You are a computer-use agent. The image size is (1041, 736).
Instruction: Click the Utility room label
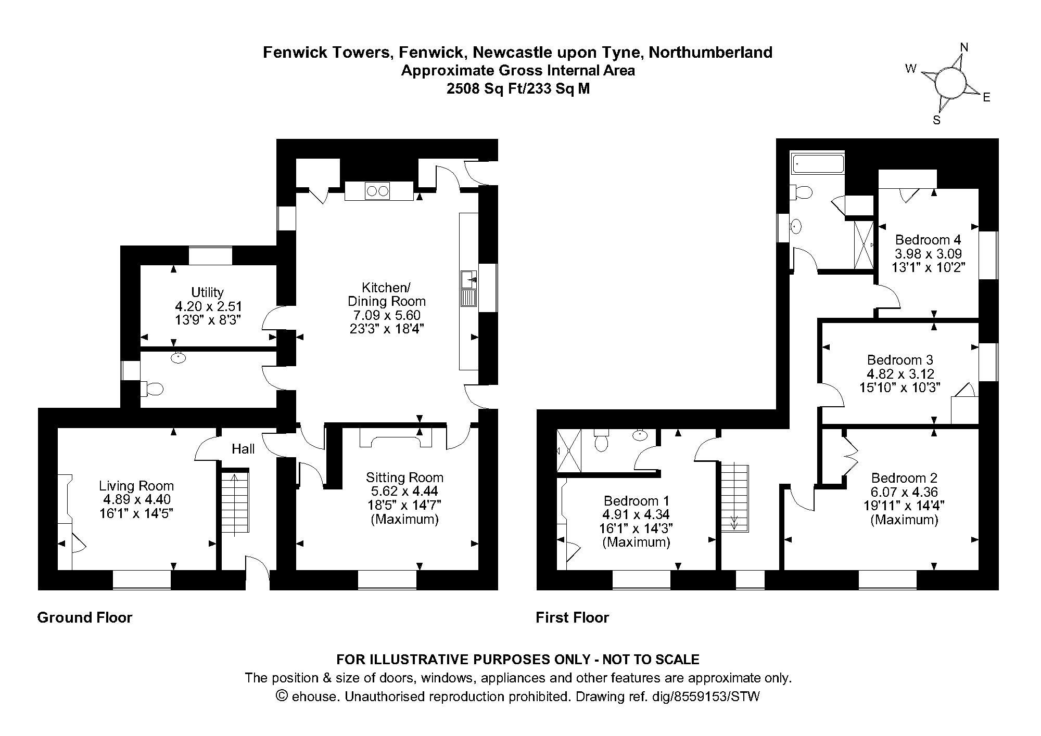(x=207, y=292)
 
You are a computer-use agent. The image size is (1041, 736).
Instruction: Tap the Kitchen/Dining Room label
(x=386, y=294)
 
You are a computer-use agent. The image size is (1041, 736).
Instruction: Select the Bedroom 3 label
(x=900, y=360)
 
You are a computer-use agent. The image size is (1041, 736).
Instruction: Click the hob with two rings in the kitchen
(x=378, y=191)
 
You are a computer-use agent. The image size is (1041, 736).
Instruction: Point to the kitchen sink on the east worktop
(x=469, y=289)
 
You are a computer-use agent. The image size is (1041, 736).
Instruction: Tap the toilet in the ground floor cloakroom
(x=152, y=388)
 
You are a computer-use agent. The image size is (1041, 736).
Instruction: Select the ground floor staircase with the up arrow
(x=235, y=502)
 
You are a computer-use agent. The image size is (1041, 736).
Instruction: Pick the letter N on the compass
(x=964, y=48)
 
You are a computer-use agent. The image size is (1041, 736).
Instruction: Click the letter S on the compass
(x=937, y=120)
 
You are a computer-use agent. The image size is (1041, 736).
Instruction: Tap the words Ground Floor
(x=85, y=617)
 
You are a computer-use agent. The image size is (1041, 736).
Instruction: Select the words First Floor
(x=573, y=617)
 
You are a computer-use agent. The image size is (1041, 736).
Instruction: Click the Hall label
(x=243, y=449)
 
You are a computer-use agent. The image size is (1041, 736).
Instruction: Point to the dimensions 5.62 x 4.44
(x=404, y=491)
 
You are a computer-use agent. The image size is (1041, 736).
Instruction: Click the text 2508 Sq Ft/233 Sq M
(x=518, y=88)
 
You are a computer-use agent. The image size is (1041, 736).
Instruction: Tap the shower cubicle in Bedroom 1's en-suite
(x=569, y=451)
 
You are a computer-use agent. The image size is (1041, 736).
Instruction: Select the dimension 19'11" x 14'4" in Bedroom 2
(x=904, y=506)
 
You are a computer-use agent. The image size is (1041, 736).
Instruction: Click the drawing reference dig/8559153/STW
(x=706, y=696)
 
